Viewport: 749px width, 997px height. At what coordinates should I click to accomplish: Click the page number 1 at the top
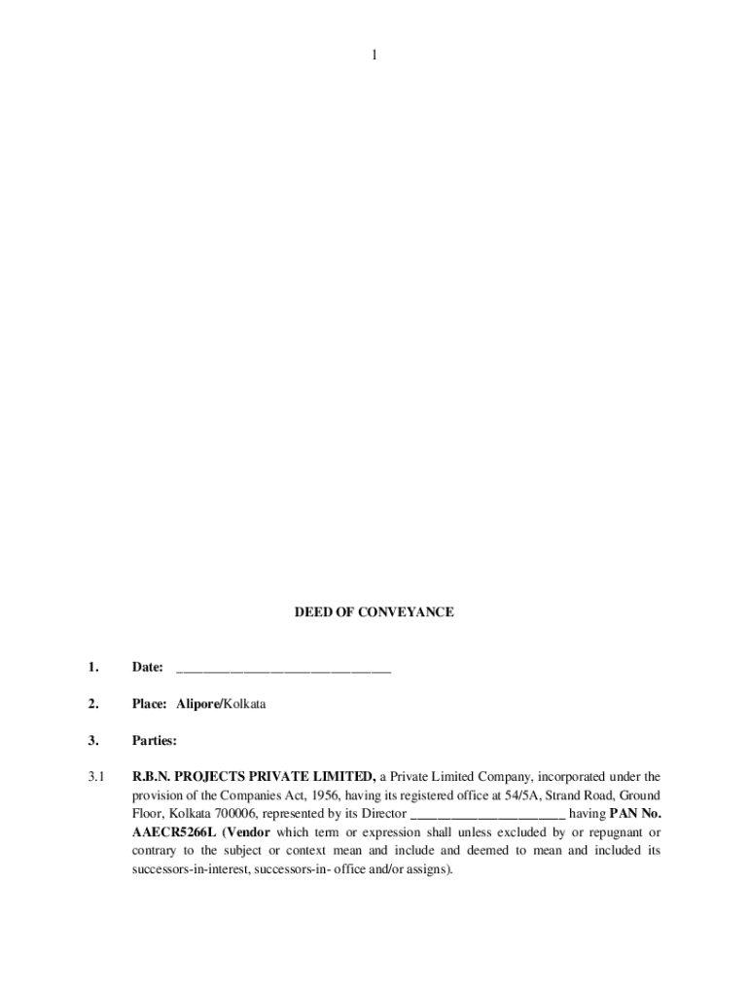pos(374,55)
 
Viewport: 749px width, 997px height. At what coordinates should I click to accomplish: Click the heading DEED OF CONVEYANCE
pos(374,612)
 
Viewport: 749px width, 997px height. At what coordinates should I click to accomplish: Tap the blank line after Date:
pos(283,669)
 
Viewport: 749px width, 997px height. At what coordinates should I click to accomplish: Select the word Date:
pos(147,667)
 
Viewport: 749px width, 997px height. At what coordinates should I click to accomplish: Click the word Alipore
pos(197,703)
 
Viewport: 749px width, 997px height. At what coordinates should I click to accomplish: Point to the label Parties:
pos(155,740)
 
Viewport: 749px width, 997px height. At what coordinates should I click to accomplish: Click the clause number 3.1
pos(94,777)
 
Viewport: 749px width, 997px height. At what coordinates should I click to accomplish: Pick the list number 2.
pos(92,703)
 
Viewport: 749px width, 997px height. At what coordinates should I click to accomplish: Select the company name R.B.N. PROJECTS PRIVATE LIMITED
pos(254,777)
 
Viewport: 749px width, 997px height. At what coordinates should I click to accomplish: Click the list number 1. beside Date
pos(92,667)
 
